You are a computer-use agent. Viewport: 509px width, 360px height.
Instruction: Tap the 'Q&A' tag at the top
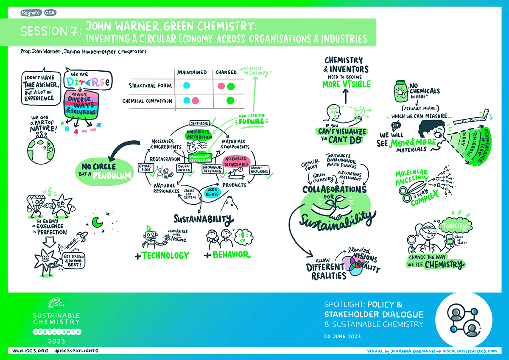[x=50, y=13]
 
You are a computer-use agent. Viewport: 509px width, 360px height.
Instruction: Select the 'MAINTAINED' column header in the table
[x=192, y=72]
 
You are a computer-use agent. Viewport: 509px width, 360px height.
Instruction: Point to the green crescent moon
[x=97, y=221]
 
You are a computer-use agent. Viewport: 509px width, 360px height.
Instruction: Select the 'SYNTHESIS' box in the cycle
[x=200, y=123]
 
